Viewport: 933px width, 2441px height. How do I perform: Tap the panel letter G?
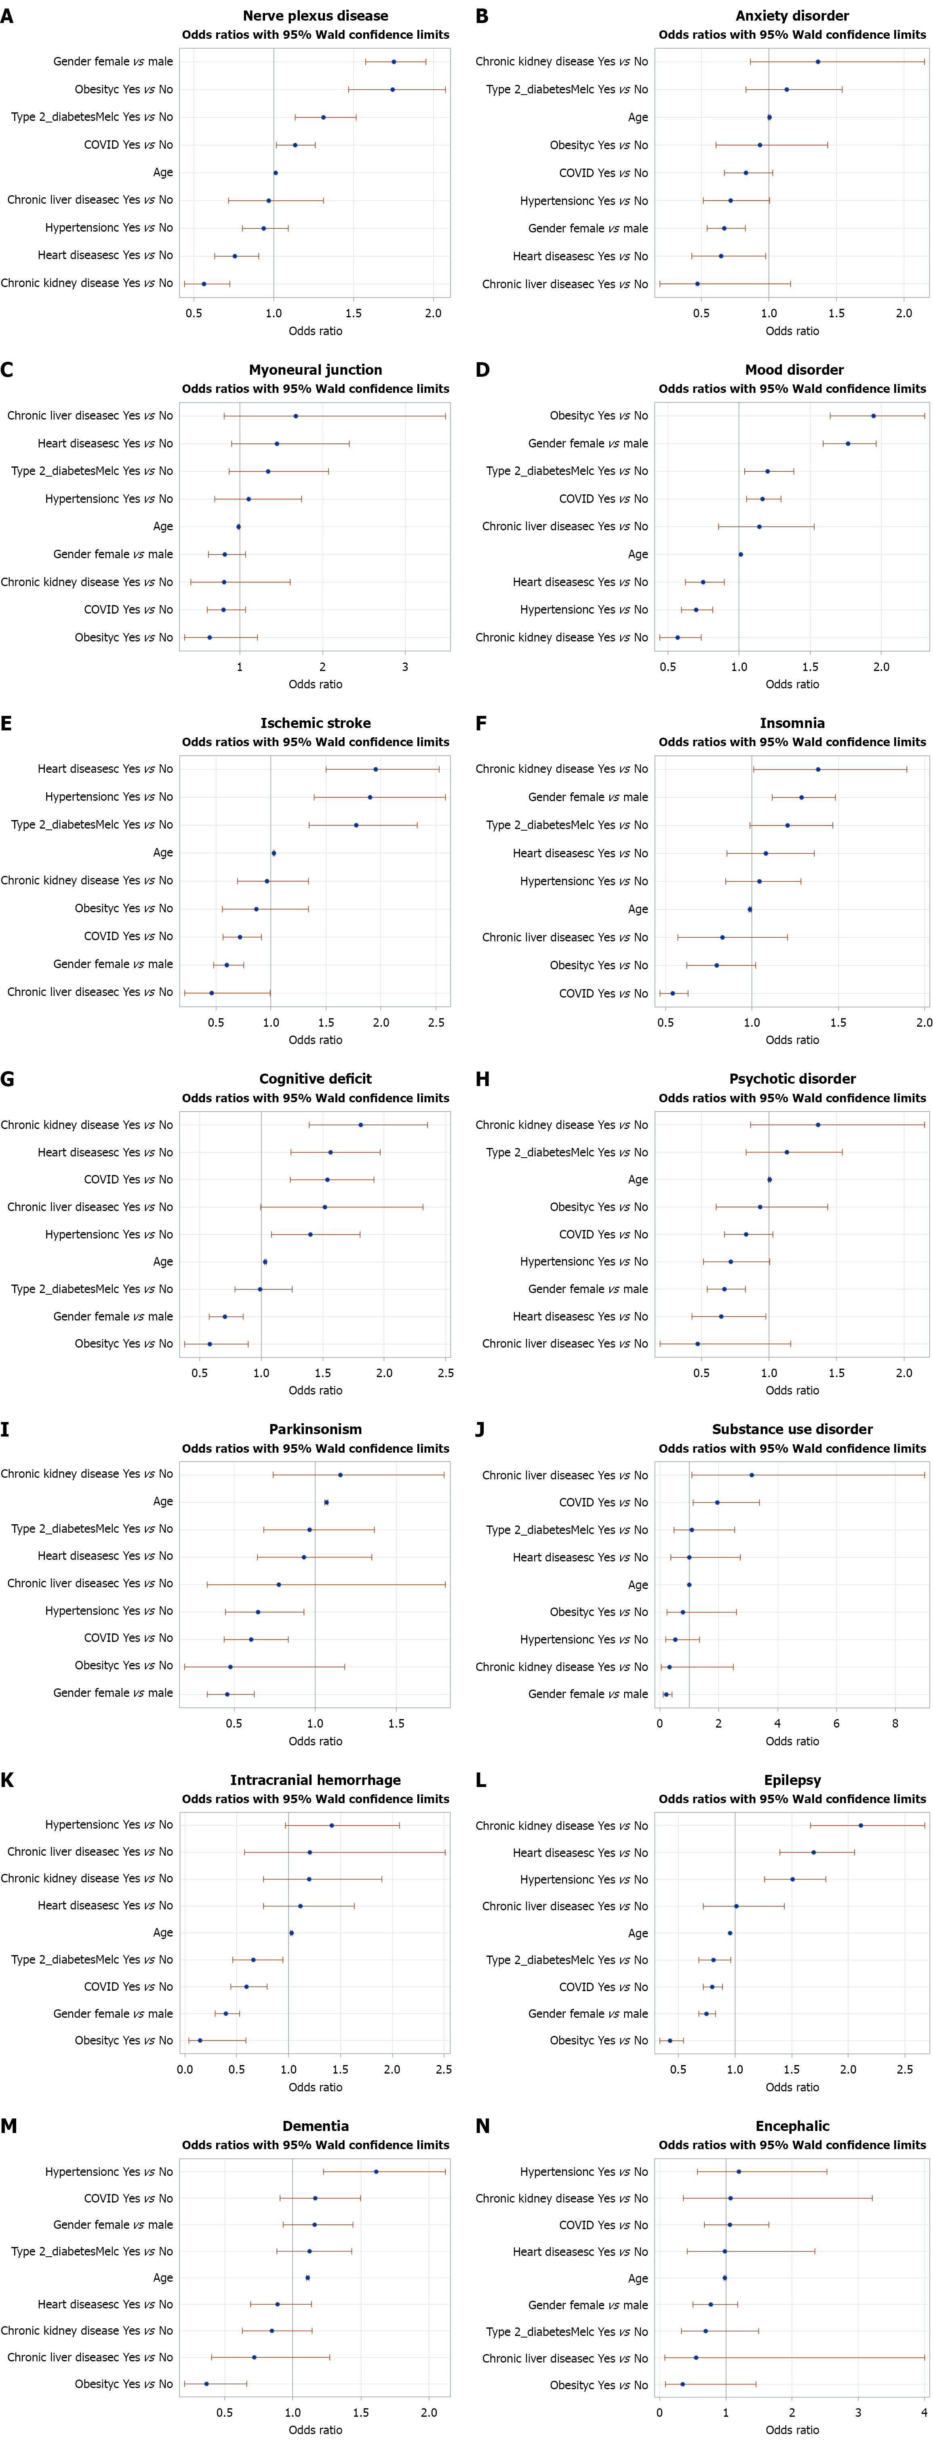coord(8,1079)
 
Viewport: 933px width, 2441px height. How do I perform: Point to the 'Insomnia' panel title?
coord(792,723)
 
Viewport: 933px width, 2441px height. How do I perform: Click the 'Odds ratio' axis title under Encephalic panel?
coord(792,2430)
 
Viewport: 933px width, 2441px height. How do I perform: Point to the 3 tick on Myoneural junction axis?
coord(405,667)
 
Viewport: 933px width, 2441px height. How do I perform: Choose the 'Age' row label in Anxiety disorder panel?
coord(638,118)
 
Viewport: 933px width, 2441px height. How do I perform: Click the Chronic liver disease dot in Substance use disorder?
coord(751,1475)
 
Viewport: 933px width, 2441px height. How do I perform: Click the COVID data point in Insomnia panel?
coord(672,993)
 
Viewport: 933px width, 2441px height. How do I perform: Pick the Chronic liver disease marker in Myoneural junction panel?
coord(295,416)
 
